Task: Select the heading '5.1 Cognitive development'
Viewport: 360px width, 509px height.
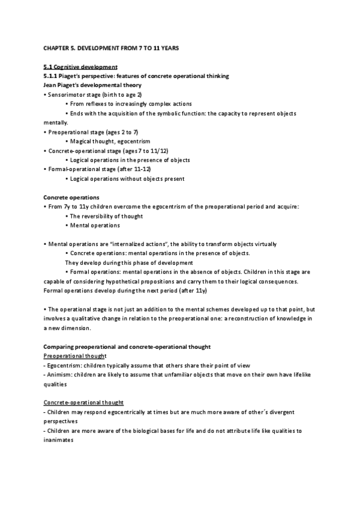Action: click(80, 66)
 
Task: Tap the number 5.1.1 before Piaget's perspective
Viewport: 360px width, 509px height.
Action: click(52, 76)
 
